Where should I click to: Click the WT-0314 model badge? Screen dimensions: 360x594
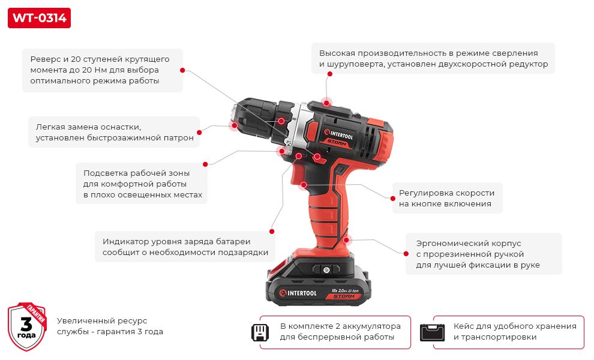[x=39, y=18]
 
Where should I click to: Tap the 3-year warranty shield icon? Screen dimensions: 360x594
[x=27, y=326]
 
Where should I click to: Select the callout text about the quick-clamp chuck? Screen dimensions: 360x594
[x=114, y=132]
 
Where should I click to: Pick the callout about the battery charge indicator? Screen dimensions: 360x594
[x=185, y=247]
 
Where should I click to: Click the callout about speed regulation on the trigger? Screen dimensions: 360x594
[x=446, y=198]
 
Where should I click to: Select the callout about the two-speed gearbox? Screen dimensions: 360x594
[x=433, y=58]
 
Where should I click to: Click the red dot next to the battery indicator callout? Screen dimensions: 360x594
[x=272, y=231]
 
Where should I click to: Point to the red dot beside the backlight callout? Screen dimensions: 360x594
[x=205, y=164]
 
